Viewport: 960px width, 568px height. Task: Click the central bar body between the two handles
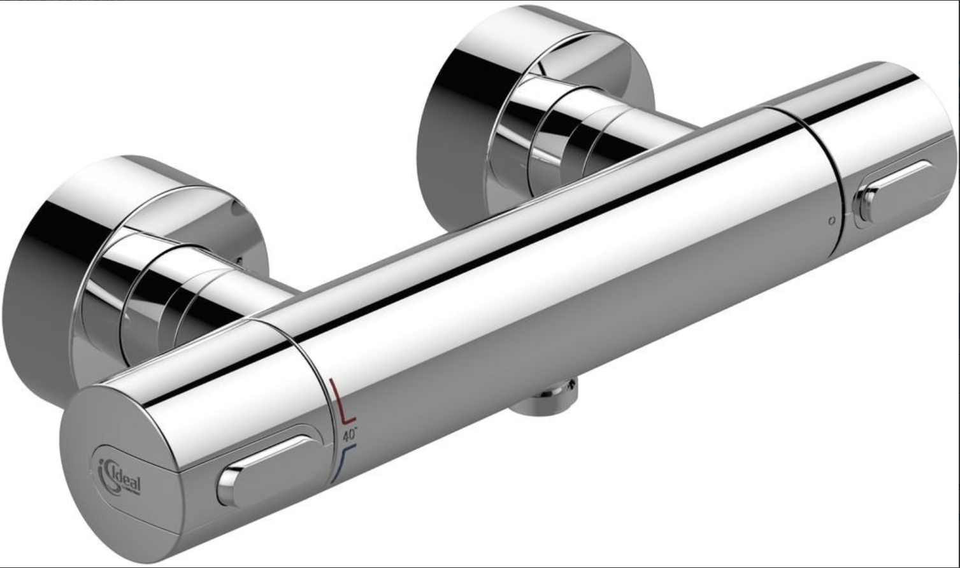[x=573, y=287]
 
